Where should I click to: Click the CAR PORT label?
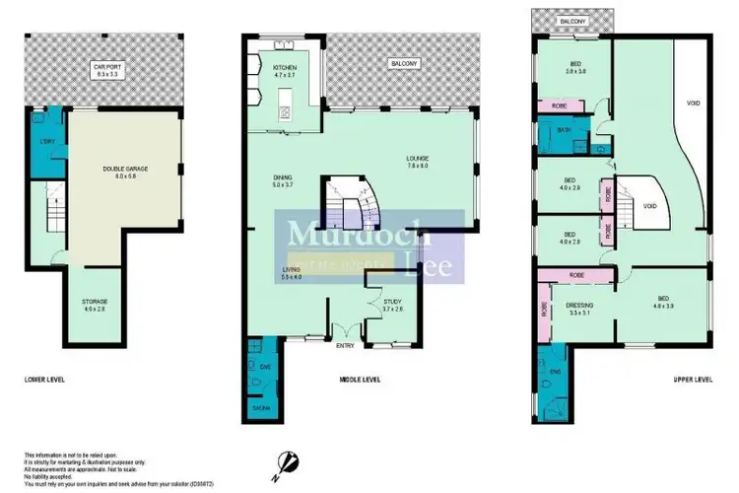click(105, 68)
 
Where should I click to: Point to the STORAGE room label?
click(95, 301)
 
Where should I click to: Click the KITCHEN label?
click(271, 68)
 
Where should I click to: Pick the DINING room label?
click(283, 178)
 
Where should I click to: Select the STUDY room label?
click(393, 305)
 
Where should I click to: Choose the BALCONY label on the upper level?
click(571, 19)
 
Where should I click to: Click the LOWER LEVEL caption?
click(43, 379)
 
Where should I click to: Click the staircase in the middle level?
click(347, 205)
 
